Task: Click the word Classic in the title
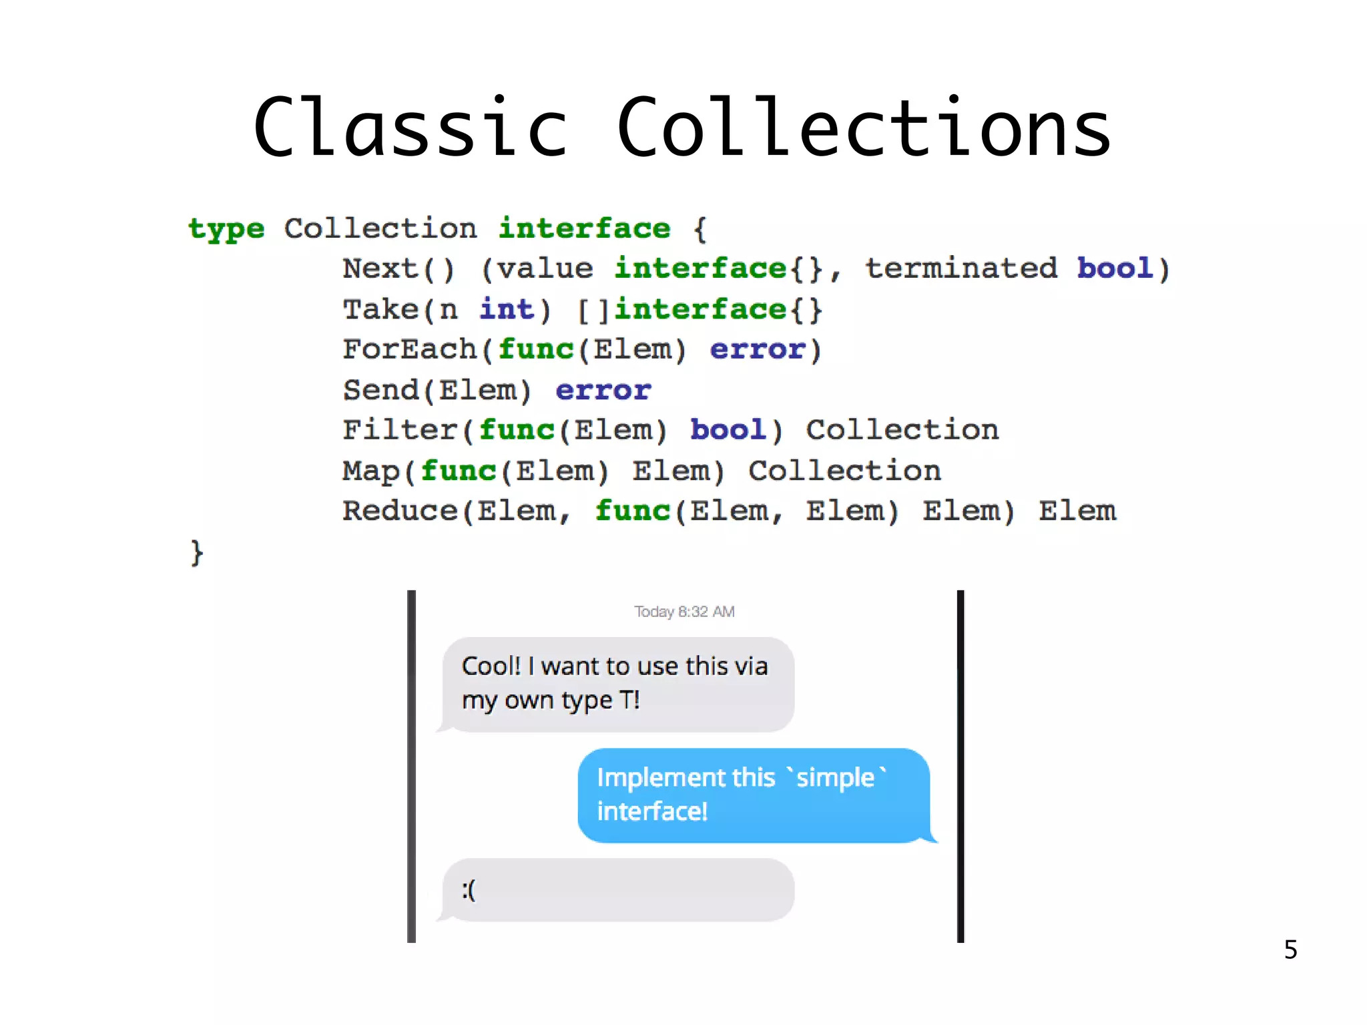[x=410, y=127]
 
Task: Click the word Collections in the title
[x=864, y=127]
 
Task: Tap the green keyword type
[x=226, y=229]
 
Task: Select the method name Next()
[x=398, y=269]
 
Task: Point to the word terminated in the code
[x=961, y=268]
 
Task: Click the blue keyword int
[x=507, y=309]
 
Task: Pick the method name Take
[x=380, y=310]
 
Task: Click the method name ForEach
[x=410, y=349]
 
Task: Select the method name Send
[x=380, y=390]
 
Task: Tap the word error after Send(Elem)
[x=603, y=390]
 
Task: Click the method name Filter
[x=400, y=430]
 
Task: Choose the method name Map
[x=371, y=471]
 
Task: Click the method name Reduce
[x=400, y=511]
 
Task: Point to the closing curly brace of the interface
[x=196, y=553]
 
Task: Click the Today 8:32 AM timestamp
[x=684, y=612]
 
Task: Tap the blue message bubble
[x=753, y=795]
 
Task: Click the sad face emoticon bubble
[x=617, y=890]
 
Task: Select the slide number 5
[x=1290, y=950]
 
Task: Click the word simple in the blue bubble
[x=835, y=778]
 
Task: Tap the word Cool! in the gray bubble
[x=491, y=666]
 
